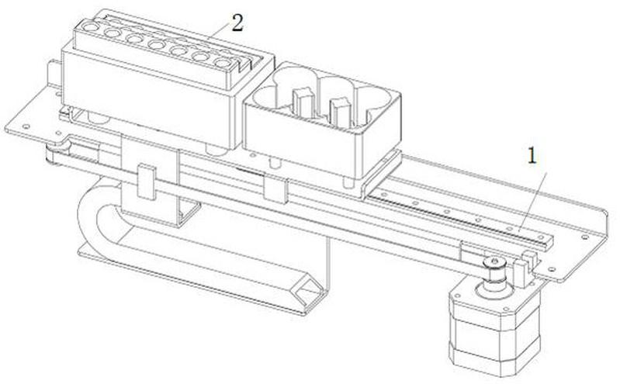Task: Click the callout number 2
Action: click(x=237, y=22)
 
